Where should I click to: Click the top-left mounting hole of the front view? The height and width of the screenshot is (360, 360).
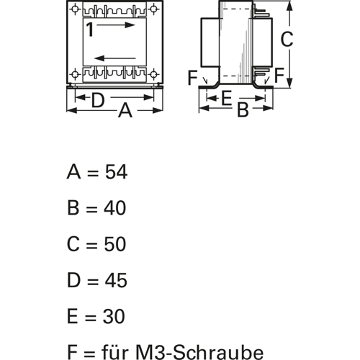pyautogui.click(x=76, y=9)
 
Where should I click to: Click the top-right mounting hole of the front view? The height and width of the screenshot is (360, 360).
pyautogui.click(x=153, y=9)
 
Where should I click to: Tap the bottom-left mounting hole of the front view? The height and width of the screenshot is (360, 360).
pyautogui.click(x=76, y=74)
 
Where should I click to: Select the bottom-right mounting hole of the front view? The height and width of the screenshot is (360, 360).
pyautogui.click(x=153, y=74)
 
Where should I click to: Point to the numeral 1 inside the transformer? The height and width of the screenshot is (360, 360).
pyautogui.click(x=89, y=30)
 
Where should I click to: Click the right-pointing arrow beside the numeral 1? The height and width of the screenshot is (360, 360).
pyautogui.click(x=116, y=24)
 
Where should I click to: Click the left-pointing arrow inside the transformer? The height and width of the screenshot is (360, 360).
pyautogui.click(x=115, y=58)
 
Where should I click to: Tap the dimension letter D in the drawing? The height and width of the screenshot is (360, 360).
pyautogui.click(x=98, y=100)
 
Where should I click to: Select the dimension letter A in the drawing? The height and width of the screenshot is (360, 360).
pyautogui.click(x=125, y=110)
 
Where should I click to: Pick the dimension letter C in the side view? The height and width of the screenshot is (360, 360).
pyautogui.click(x=287, y=39)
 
